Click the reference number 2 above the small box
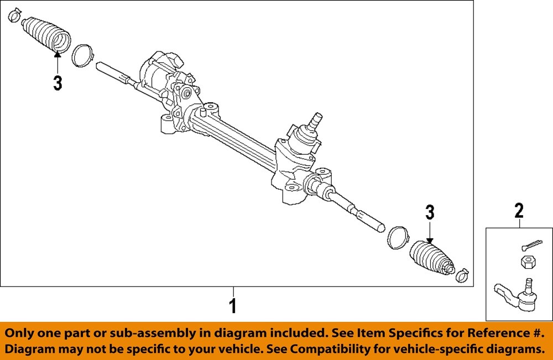coord(519,211)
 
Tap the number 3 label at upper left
coord(58,84)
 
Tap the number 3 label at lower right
coord(430,212)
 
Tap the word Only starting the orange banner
coord(22,333)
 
